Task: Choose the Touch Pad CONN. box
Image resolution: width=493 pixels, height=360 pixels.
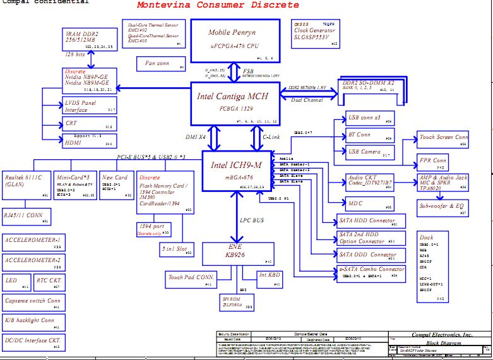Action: (x=191, y=278)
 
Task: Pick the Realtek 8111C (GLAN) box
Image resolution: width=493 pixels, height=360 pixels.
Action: (x=26, y=184)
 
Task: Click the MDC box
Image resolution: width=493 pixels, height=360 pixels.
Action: (x=369, y=203)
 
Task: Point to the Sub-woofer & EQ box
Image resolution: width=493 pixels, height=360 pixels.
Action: (x=443, y=207)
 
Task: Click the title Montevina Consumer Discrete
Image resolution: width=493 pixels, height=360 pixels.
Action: (x=218, y=6)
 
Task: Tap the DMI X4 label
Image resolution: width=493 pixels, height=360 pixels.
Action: (x=195, y=137)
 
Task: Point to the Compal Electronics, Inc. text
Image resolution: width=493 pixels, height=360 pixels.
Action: (x=441, y=334)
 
